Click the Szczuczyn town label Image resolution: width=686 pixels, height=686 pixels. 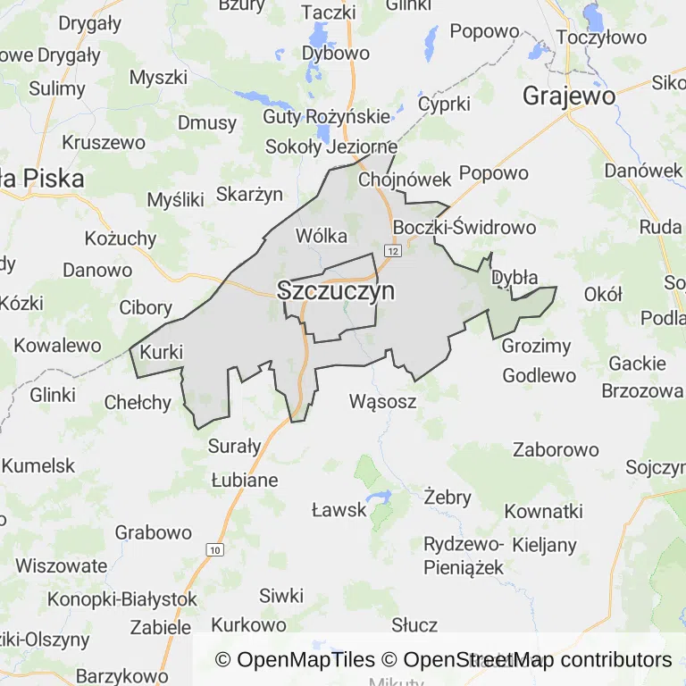336,291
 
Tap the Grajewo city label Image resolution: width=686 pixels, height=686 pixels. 569,96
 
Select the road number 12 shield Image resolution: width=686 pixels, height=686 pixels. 395,252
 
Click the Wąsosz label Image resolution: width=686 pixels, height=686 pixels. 383,402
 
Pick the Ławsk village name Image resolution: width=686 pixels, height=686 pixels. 339,510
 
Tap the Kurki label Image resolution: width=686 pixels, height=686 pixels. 162,352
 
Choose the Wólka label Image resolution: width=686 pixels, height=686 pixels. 321,237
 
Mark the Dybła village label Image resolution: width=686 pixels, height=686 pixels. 515,277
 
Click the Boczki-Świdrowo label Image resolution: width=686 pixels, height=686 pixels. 464,227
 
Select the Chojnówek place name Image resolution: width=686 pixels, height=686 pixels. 405,180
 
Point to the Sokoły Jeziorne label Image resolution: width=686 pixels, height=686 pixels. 331,146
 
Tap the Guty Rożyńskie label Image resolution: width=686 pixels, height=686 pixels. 326,117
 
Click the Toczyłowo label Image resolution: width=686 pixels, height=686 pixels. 601,38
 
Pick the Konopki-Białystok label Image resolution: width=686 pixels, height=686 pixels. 122,598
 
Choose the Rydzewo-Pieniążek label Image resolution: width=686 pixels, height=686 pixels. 464,556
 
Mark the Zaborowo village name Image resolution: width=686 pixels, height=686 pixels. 556,449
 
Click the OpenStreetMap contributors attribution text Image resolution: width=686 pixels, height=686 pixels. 537,660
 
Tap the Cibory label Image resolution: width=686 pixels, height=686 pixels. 146,308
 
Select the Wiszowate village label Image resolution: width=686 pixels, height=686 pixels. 62,565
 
